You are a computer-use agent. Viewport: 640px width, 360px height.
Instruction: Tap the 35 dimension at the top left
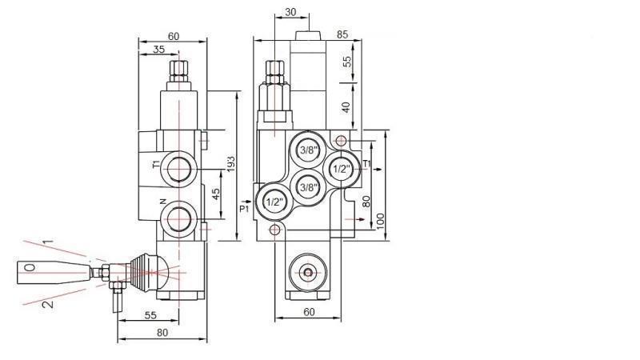pos(157,50)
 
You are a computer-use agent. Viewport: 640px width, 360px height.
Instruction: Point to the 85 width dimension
pos(342,34)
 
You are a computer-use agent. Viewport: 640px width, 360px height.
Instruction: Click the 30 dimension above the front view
pos(290,12)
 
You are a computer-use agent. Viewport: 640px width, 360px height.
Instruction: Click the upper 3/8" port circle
pos(308,150)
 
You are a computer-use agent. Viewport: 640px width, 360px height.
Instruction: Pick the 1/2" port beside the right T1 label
pos(340,168)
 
